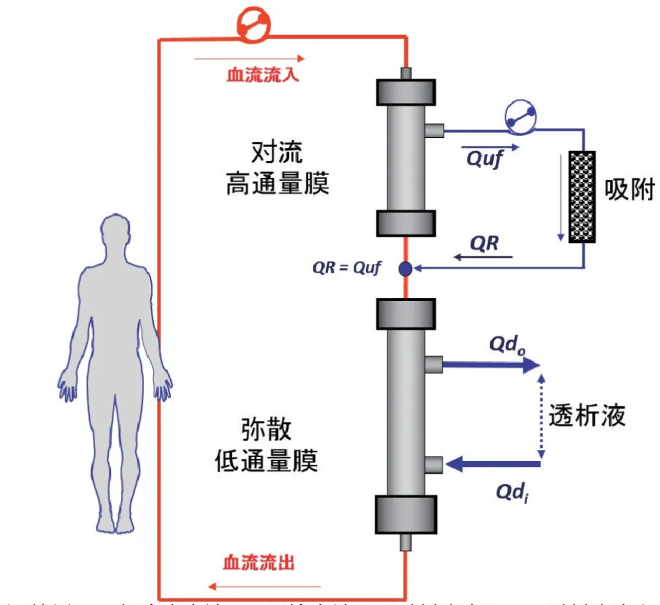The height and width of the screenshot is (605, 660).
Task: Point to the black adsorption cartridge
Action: point(582,196)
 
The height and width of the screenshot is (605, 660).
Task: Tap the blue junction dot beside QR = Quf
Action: point(405,269)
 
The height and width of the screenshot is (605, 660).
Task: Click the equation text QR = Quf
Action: point(346,269)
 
